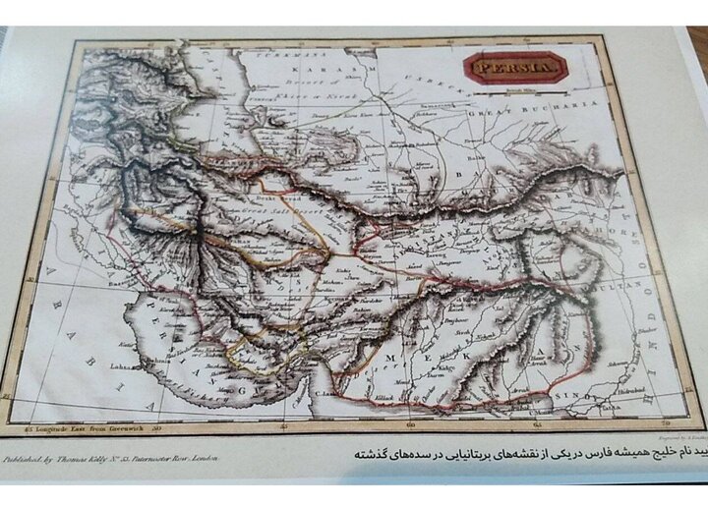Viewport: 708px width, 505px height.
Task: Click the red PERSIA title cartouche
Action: tap(515, 69)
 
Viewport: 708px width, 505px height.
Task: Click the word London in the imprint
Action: tap(205, 458)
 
